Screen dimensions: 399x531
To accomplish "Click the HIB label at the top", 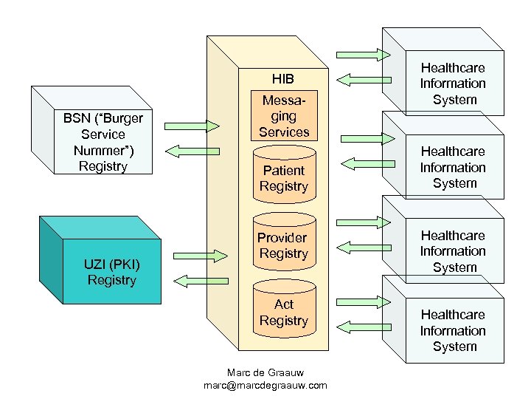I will click(x=283, y=78).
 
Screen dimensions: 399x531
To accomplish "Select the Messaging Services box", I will click(x=284, y=117).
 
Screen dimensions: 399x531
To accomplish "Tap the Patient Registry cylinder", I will click(x=284, y=177).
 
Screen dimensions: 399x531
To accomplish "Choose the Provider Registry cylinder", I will click(x=284, y=245).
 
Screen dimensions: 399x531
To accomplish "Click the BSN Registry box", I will click(x=103, y=141).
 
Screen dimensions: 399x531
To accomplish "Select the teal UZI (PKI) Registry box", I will click(x=111, y=271).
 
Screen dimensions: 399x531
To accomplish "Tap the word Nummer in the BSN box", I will click(x=103, y=151).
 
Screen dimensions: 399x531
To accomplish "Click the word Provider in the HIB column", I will click(x=282, y=238).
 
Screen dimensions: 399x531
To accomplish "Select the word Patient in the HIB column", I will click(x=284, y=170).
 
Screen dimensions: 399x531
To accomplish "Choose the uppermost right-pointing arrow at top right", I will click(x=362, y=53).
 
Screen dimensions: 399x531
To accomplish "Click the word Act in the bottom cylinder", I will click(x=284, y=304).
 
